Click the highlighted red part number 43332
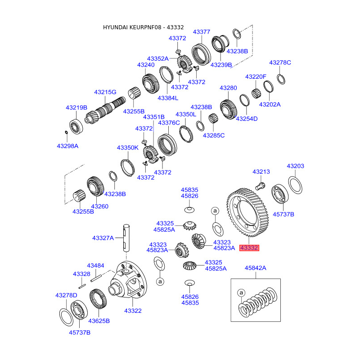(249, 248)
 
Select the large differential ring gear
(247, 212)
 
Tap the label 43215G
(105, 92)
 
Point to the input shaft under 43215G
(105, 110)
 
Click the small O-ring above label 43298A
(66, 132)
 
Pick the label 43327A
(103, 238)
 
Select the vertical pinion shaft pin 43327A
(126, 238)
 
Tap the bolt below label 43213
(261, 186)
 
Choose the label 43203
(296, 166)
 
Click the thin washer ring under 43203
(295, 185)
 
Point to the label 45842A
(256, 268)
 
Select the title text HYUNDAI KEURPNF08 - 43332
(143, 27)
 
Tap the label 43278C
(280, 63)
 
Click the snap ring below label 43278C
(281, 80)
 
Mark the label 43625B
(99, 321)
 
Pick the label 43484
(95, 265)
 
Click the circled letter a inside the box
(241, 293)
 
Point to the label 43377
(202, 32)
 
